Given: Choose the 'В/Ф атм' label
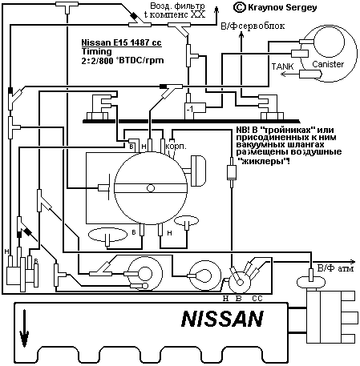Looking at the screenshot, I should click(x=333, y=267).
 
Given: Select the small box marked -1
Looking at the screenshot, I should click(x=190, y=107).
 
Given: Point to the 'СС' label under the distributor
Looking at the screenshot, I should click(x=257, y=297).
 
